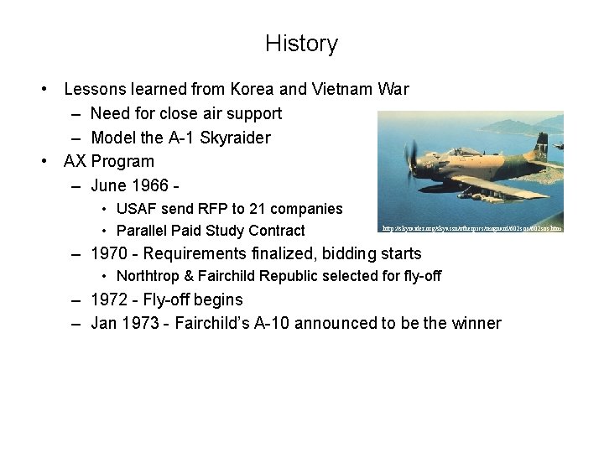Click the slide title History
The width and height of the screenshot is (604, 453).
301,44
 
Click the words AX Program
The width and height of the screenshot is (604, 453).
109,161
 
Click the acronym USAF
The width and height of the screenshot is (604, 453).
137,209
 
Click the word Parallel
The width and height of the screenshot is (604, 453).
142,231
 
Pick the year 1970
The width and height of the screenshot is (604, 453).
109,253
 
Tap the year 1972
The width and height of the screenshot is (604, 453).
109,299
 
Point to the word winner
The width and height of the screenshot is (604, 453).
476,323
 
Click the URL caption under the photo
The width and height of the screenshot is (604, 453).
471,227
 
